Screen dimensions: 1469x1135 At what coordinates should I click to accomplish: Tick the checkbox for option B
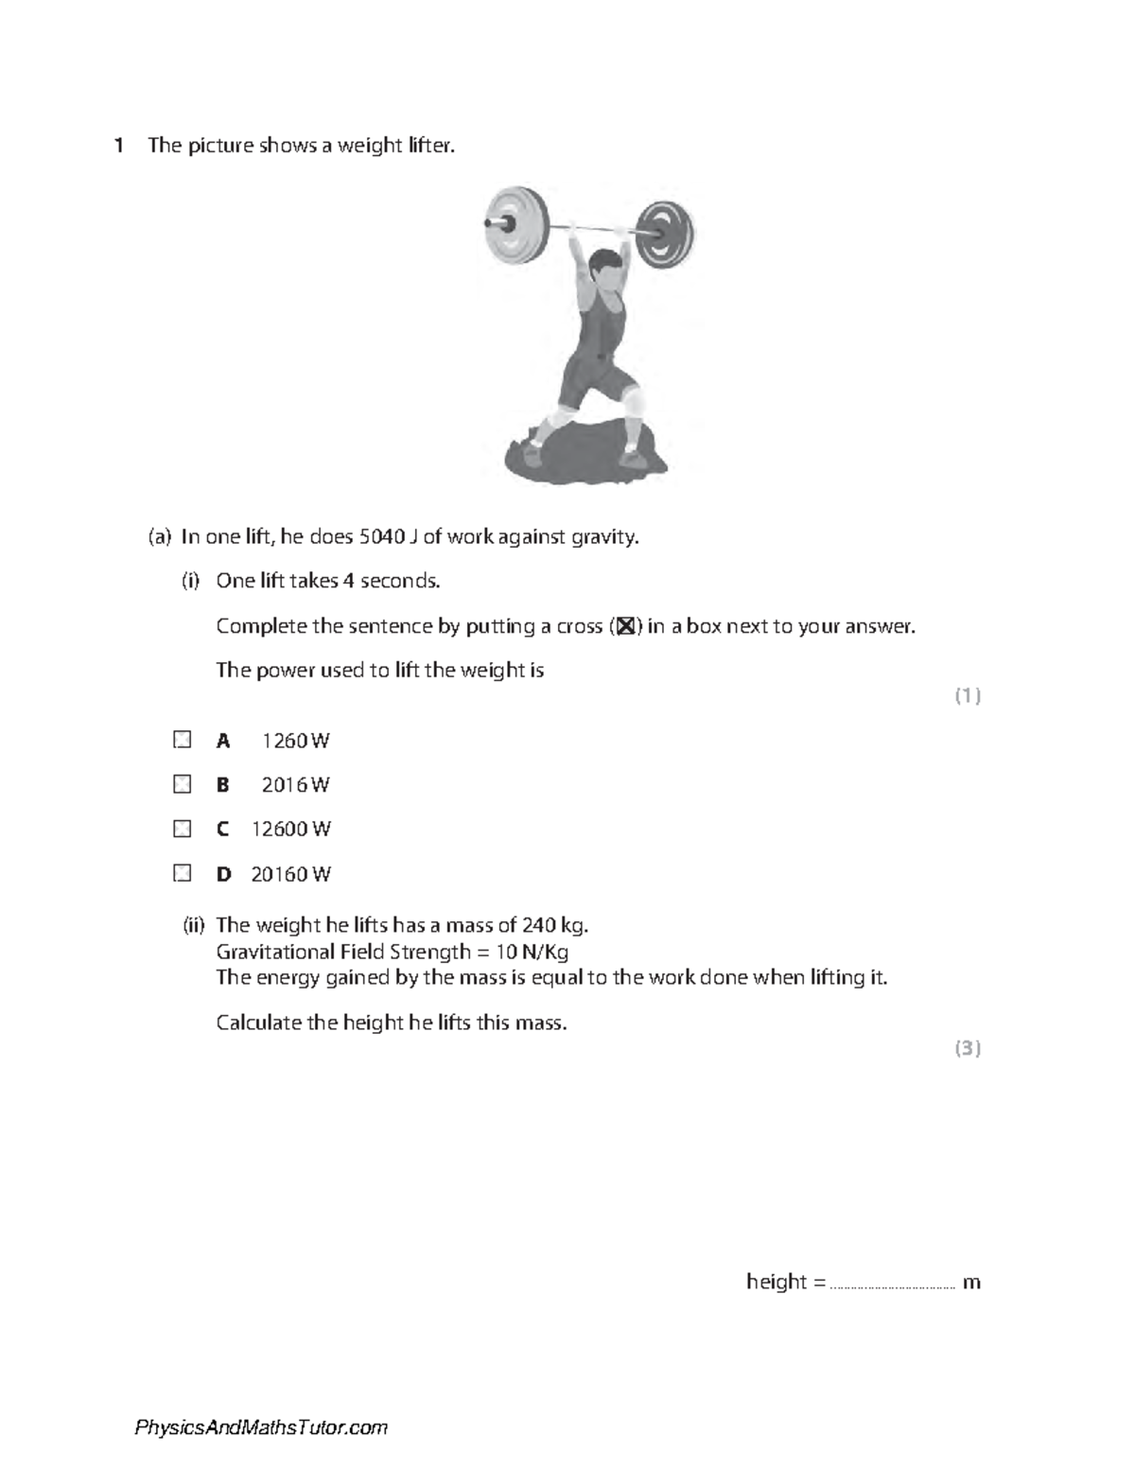coord(183,784)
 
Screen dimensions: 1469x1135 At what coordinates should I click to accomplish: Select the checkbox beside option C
coord(183,829)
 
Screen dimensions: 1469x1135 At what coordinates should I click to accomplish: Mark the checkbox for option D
coord(183,873)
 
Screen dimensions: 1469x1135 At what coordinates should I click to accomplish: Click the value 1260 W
coord(295,741)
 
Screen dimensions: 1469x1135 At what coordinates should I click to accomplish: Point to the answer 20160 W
coord(290,874)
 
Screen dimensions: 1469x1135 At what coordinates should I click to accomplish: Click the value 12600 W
coord(290,830)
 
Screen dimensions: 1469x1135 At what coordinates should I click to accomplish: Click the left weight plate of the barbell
coord(515,223)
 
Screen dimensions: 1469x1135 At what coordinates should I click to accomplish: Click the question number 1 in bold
coord(118,146)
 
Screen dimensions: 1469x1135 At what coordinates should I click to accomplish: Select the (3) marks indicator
coord(967,1048)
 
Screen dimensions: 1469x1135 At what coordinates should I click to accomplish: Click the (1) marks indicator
coord(967,696)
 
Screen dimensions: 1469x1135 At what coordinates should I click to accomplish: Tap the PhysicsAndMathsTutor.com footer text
coord(261,1427)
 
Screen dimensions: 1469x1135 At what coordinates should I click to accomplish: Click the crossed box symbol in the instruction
coord(624,626)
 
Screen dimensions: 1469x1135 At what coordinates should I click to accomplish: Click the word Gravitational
coord(275,952)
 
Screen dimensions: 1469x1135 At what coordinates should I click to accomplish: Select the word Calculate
coord(258,1023)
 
